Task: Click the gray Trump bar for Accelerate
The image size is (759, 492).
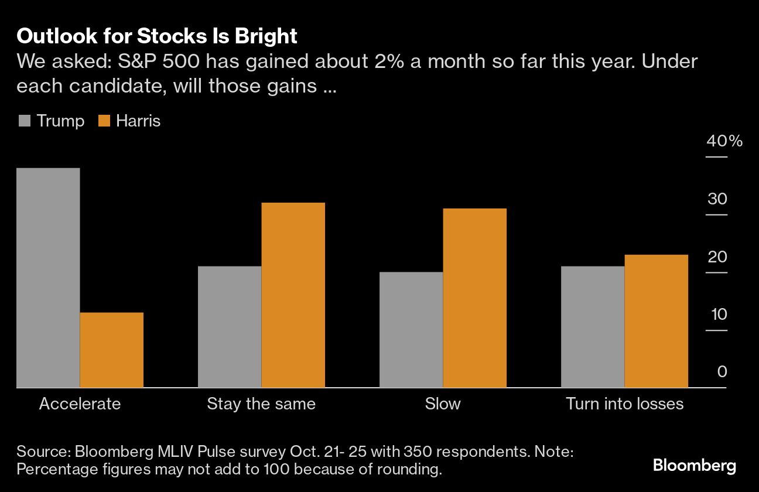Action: point(48,278)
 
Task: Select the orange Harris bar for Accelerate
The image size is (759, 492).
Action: point(111,350)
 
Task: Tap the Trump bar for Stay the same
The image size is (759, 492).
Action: point(230,327)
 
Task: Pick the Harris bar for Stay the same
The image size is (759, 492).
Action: point(293,295)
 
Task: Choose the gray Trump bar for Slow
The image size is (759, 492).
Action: point(411,330)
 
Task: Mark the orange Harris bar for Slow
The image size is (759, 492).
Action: point(474,298)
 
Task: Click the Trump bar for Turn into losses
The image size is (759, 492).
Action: point(593,327)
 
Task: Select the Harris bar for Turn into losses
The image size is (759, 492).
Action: point(656,321)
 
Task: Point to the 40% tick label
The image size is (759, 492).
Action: point(724,142)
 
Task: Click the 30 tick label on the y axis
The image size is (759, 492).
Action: point(717,199)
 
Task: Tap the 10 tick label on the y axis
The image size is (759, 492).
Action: point(718,315)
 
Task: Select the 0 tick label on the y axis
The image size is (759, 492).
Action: point(722,372)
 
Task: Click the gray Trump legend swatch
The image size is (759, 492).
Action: point(25,121)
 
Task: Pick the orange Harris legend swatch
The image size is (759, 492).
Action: point(104,121)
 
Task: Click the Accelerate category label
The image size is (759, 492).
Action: point(80,404)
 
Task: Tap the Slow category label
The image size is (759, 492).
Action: point(443,404)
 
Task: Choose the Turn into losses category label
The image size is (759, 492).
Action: point(624,404)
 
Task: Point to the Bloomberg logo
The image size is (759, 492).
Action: point(695,466)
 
